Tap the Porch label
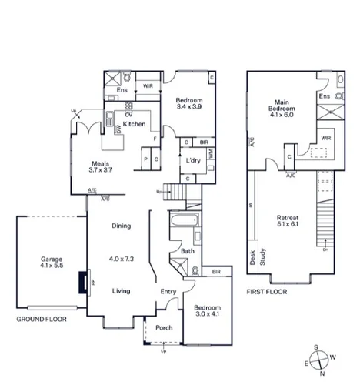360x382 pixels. tap(164, 327)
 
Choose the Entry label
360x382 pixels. tap(168, 291)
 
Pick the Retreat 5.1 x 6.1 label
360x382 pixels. tap(288, 222)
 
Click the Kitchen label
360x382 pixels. tap(134, 124)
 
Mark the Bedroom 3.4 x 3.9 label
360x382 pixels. tap(188, 105)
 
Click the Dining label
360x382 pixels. tap(120, 226)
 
